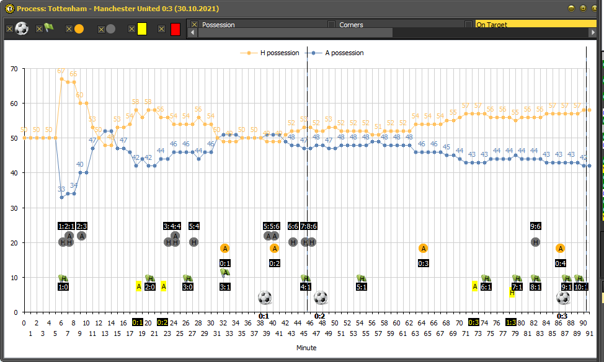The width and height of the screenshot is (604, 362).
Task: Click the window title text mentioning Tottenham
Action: tap(117, 9)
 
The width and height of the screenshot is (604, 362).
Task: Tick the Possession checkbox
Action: tap(194, 25)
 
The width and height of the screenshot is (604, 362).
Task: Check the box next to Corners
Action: tap(331, 25)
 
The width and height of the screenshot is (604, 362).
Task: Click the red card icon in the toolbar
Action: tap(175, 29)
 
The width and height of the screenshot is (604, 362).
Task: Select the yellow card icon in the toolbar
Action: tap(142, 29)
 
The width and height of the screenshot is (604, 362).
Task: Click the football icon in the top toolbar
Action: tap(22, 29)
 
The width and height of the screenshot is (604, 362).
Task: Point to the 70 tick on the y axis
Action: tap(14, 68)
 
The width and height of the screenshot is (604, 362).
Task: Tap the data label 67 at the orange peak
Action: tap(61, 71)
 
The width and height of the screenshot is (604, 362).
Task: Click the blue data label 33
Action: tap(61, 189)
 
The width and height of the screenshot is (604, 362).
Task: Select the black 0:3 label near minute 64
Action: tap(424, 263)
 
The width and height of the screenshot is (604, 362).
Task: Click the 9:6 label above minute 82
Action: tap(535, 226)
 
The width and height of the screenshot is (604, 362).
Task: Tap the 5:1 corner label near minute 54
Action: tap(362, 287)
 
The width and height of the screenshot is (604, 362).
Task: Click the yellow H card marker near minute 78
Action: tap(512, 293)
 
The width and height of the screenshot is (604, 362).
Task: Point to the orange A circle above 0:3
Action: tap(424, 249)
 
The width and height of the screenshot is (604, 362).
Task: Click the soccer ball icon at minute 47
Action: tap(321, 298)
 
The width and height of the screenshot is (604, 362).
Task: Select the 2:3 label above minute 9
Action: tap(81, 226)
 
